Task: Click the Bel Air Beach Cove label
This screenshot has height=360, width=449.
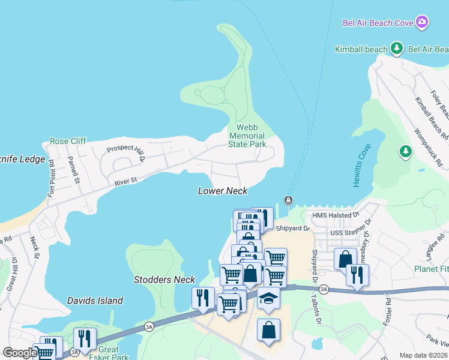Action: click(x=378, y=23)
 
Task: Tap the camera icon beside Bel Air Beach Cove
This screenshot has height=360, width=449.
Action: click(x=422, y=22)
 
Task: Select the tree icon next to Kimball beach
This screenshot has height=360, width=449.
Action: click(x=396, y=48)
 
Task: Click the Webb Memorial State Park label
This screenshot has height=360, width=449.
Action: click(x=247, y=136)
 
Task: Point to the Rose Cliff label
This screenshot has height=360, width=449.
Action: click(x=68, y=141)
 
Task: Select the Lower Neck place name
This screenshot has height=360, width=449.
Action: click(x=223, y=191)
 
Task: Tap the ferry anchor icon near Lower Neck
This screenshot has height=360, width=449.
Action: click(x=288, y=200)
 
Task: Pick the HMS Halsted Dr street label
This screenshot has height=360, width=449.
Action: click(x=336, y=215)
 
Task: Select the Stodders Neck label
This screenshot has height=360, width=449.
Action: click(x=164, y=280)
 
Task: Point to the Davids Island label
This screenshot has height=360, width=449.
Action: click(x=95, y=301)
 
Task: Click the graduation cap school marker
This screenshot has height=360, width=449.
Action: click(x=268, y=298)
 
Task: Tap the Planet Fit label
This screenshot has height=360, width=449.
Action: click(x=432, y=269)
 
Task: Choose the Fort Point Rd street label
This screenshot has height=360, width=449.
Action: click(x=52, y=178)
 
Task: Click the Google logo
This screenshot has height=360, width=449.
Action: click(x=19, y=353)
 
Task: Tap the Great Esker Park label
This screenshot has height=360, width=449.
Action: click(x=109, y=353)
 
